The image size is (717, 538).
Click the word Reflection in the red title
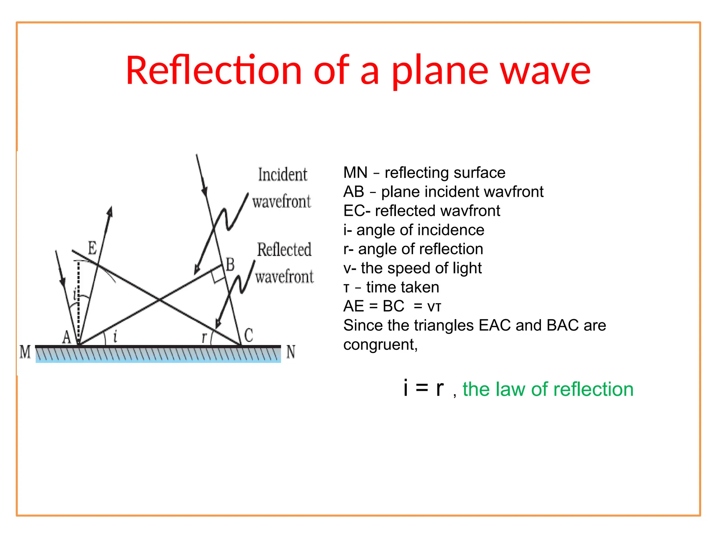pyautogui.click(x=214, y=71)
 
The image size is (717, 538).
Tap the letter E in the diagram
pyautogui.click(x=92, y=248)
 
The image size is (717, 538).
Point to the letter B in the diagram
pyautogui.click(x=230, y=264)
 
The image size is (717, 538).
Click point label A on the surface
pyautogui.click(x=67, y=337)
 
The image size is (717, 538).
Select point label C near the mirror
pyautogui.click(x=249, y=335)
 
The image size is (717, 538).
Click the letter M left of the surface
pyautogui.click(x=25, y=352)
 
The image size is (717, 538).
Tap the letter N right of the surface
pyautogui.click(x=291, y=352)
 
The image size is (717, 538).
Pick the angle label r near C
pyautogui.click(x=204, y=337)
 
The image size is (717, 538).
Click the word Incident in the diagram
pyautogui.click(x=283, y=174)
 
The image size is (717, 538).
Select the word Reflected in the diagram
pyautogui.click(x=284, y=250)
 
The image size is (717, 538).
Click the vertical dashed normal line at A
pyautogui.click(x=78, y=301)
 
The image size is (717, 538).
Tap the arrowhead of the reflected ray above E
pyautogui.click(x=110, y=212)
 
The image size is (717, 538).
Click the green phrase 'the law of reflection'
pyautogui.click(x=548, y=389)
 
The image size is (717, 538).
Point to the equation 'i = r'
pyautogui.click(x=423, y=388)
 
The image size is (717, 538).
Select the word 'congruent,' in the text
pyautogui.click(x=381, y=345)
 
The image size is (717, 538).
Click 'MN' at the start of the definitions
pyautogui.click(x=355, y=173)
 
